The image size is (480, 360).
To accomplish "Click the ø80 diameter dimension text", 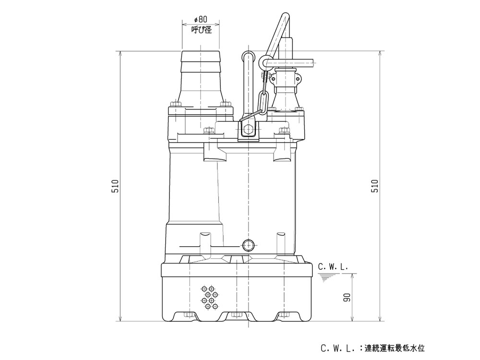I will tap(201, 20).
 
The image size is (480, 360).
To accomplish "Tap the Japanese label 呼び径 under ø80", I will tap(201, 30).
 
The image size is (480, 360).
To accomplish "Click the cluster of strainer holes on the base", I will tap(210, 298).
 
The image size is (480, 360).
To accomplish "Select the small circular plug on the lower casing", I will tap(248, 246).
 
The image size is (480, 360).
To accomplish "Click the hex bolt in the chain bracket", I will tap(248, 130).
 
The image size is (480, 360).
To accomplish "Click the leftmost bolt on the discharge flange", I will tap(174, 104).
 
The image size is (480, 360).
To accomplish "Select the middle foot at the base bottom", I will tap(235, 316).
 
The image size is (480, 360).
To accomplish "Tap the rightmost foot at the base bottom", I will tap(284, 316).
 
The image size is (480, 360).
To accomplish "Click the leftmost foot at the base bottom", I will tap(188, 316).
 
